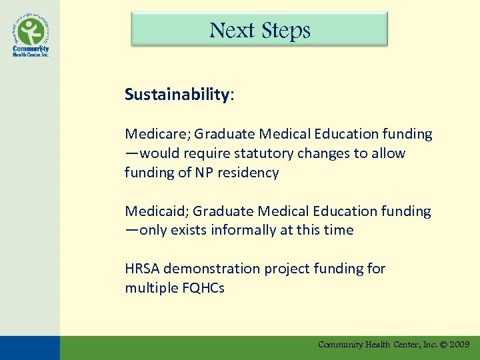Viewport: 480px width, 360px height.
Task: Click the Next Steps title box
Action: coord(259,29)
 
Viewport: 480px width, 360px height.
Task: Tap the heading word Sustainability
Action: coord(177,95)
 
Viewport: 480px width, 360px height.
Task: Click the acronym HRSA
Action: coord(142,269)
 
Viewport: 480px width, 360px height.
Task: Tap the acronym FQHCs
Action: coord(202,288)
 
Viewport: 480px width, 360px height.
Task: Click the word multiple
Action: coord(149,288)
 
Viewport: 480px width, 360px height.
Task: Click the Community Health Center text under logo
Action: coord(31,51)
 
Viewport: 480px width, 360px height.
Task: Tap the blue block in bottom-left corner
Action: coord(29,347)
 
